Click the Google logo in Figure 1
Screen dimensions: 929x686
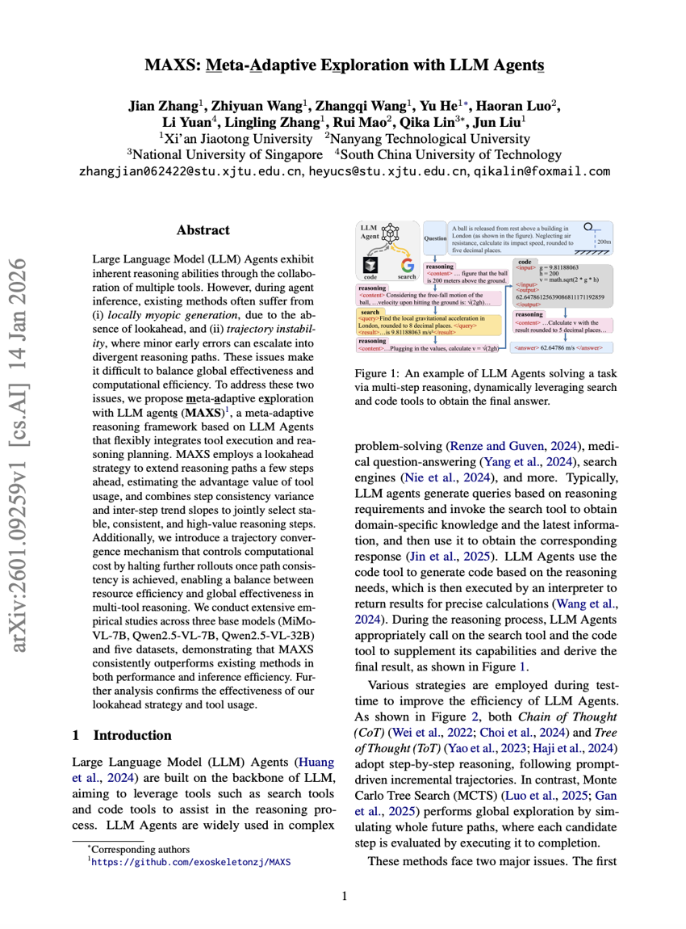coord(408,266)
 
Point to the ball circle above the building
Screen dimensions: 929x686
coord(589,227)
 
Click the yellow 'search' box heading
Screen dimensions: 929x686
coord(370,311)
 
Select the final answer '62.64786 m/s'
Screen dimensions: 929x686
coord(558,347)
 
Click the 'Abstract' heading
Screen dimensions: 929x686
coord(203,230)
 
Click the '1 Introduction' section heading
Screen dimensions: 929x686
coord(122,735)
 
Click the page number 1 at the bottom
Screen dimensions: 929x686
coord(345,895)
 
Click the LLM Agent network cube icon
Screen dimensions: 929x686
coord(391,234)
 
